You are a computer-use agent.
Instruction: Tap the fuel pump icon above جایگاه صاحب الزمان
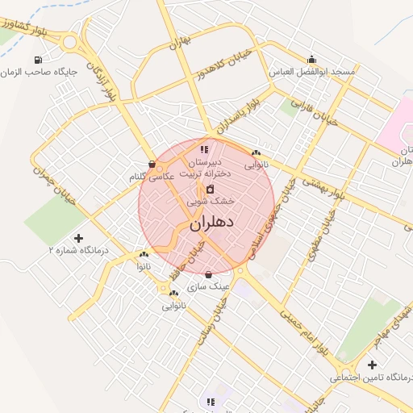pos(38,60)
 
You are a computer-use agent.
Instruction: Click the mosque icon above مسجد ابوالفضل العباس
pos(312,59)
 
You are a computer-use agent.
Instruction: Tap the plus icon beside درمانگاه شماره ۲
pos(78,238)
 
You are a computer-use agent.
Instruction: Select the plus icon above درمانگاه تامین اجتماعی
pos(372,365)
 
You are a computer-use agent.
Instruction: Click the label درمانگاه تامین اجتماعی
pos(371,378)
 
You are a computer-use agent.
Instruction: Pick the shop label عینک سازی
pos(209,286)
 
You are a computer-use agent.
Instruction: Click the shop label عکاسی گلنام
pos(152,176)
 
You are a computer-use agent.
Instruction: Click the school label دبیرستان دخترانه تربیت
pos(206,167)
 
